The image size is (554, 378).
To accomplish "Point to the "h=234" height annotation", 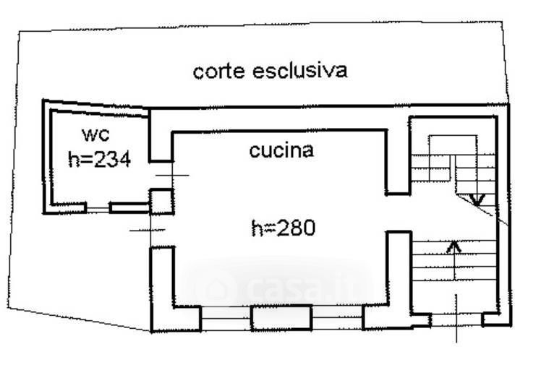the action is click(x=99, y=160).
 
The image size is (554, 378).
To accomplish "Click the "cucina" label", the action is click(x=281, y=150).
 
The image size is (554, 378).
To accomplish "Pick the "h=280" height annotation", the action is click(x=283, y=228).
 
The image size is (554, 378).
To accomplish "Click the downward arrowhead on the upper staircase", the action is click(x=476, y=197).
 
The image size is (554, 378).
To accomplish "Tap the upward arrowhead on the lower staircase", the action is click(x=453, y=246).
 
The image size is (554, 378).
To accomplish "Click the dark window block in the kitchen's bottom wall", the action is click(x=281, y=317).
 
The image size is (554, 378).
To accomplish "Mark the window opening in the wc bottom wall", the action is click(x=97, y=208).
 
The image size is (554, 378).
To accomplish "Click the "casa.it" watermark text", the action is click(x=282, y=289).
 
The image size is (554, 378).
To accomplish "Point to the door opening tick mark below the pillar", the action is click(x=148, y=230).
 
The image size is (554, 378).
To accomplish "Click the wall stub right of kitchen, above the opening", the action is click(x=396, y=163).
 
